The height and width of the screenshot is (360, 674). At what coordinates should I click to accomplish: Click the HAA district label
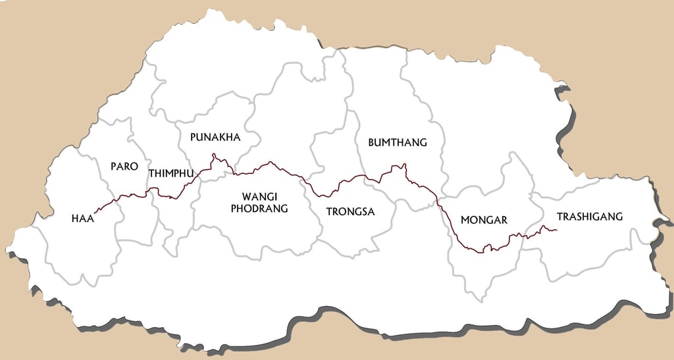[x=83, y=219]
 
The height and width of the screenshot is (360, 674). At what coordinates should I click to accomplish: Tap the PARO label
[x=124, y=167]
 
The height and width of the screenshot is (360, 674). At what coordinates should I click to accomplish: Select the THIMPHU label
[x=172, y=174]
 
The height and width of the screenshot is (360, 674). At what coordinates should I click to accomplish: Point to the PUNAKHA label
[x=215, y=138]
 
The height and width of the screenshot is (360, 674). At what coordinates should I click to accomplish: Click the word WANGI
[x=259, y=197]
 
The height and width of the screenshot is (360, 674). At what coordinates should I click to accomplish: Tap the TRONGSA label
[x=350, y=212]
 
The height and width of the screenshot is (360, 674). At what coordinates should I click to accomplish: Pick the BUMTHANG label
[x=398, y=142]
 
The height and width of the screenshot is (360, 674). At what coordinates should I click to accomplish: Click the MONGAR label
[x=484, y=220]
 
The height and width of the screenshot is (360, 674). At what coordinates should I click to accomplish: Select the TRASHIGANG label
[x=589, y=217]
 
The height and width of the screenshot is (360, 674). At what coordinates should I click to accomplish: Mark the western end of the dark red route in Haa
[x=96, y=211]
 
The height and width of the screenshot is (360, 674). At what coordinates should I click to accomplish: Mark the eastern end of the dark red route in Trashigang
[x=557, y=230]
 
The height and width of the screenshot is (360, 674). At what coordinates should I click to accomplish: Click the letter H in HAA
[x=75, y=219]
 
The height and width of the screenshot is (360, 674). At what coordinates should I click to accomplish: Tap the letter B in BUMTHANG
[x=371, y=142]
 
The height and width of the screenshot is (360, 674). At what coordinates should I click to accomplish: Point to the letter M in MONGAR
[x=465, y=220]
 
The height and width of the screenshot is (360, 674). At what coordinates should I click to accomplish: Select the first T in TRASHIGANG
[x=559, y=217]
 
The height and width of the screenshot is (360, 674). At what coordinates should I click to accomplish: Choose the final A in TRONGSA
[x=370, y=212]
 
